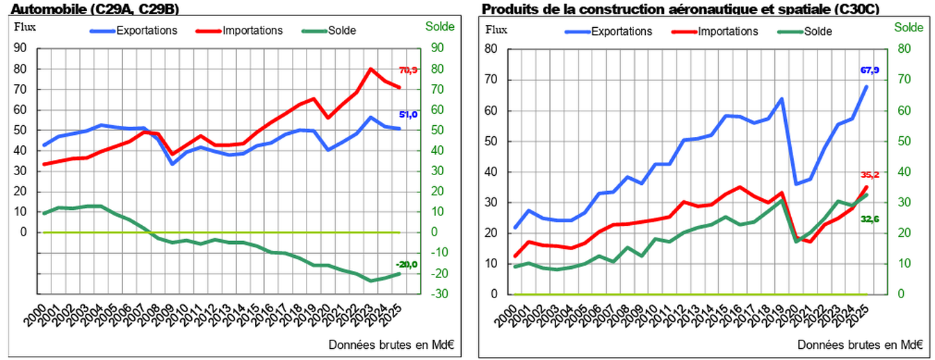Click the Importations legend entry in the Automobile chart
[x=252, y=31]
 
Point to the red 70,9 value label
[x=408, y=70]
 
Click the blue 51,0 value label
[x=408, y=115]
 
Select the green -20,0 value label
[x=407, y=264]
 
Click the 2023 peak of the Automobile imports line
[x=371, y=69]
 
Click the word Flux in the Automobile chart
[x=24, y=27]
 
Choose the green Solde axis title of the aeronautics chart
[x=908, y=28]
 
